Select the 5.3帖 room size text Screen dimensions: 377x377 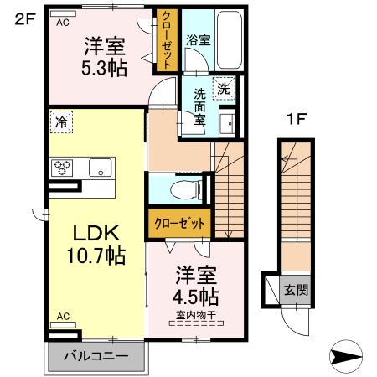103,67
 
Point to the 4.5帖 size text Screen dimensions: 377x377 197,296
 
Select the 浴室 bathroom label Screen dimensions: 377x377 198,39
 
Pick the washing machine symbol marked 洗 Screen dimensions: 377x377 224,87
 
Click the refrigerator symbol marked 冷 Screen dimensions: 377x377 61,122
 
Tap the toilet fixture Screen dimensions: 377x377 178,189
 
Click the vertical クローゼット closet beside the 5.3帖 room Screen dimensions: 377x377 167,40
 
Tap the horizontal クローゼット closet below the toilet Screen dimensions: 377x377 179,224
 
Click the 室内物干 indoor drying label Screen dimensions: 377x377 197,315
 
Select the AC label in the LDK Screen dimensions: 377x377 62,317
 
